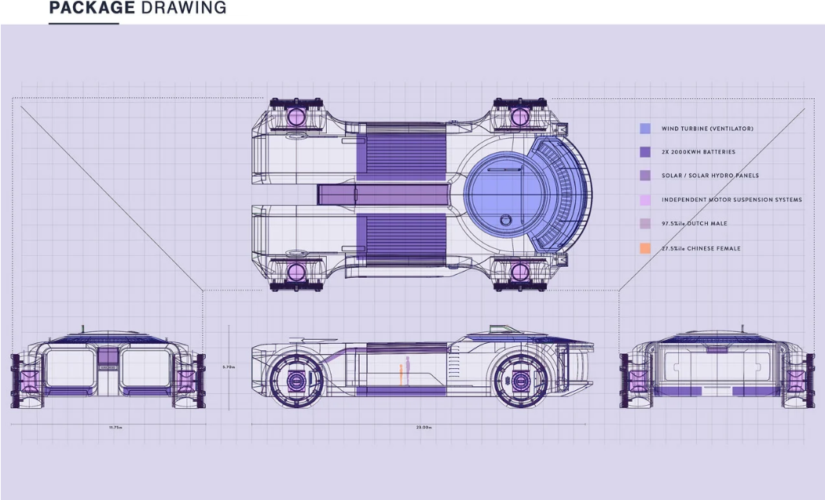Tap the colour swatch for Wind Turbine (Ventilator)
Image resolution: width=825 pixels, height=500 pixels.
pyautogui.click(x=645, y=128)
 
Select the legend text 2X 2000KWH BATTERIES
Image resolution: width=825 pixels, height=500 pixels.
pyautogui.click(x=698, y=152)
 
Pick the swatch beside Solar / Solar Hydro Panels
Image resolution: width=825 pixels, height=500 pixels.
pyautogui.click(x=645, y=176)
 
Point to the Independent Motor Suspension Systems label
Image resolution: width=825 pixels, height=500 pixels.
pyautogui.click(x=731, y=200)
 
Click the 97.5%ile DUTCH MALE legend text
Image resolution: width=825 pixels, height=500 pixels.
pyautogui.click(x=695, y=224)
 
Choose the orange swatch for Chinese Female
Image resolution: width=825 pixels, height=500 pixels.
pyautogui.click(x=645, y=248)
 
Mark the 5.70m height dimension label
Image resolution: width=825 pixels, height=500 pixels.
pyautogui.click(x=229, y=367)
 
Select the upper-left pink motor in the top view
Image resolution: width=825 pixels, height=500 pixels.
pyautogui.click(x=297, y=116)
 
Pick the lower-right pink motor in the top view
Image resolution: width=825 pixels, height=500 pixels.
pyautogui.click(x=519, y=272)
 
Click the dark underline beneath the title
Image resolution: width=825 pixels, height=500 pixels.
pyautogui.click(x=83, y=24)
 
